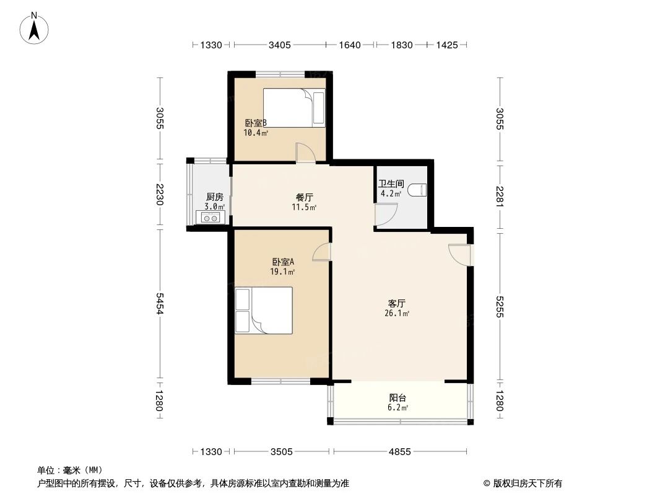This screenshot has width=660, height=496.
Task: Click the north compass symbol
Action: point(35,28)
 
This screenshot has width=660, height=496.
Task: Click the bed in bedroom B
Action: point(293,107)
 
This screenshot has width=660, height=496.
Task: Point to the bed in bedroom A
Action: point(264,311)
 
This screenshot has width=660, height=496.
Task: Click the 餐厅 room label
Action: point(304,197)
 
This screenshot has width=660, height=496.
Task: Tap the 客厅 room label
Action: point(396,303)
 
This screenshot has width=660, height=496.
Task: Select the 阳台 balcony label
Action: point(397,398)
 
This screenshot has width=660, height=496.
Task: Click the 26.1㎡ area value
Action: point(397,314)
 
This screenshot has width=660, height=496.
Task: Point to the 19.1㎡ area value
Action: point(282,272)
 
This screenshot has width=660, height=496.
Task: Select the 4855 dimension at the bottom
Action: point(400,451)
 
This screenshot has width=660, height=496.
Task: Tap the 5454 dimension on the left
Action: point(160,304)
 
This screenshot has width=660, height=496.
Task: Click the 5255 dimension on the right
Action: point(500,305)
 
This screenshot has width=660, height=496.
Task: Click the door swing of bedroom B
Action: point(305,153)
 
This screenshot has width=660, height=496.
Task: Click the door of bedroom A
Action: point(323,252)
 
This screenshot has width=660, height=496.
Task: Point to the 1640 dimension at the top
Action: point(350,45)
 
